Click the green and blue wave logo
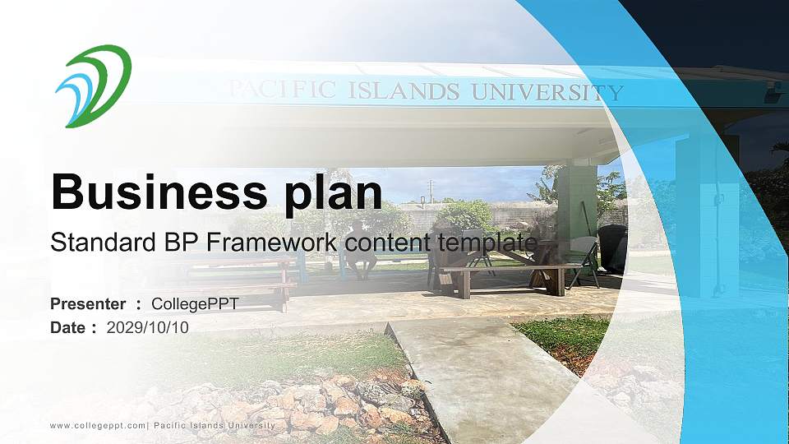[x=93, y=86]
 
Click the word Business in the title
[x=152, y=192]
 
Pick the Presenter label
[x=88, y=304]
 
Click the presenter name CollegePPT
[x=195, y=304]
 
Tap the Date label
[x=68, y=327]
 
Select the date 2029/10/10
[x=148, y=327]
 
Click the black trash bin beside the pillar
[x=612, y=247]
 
